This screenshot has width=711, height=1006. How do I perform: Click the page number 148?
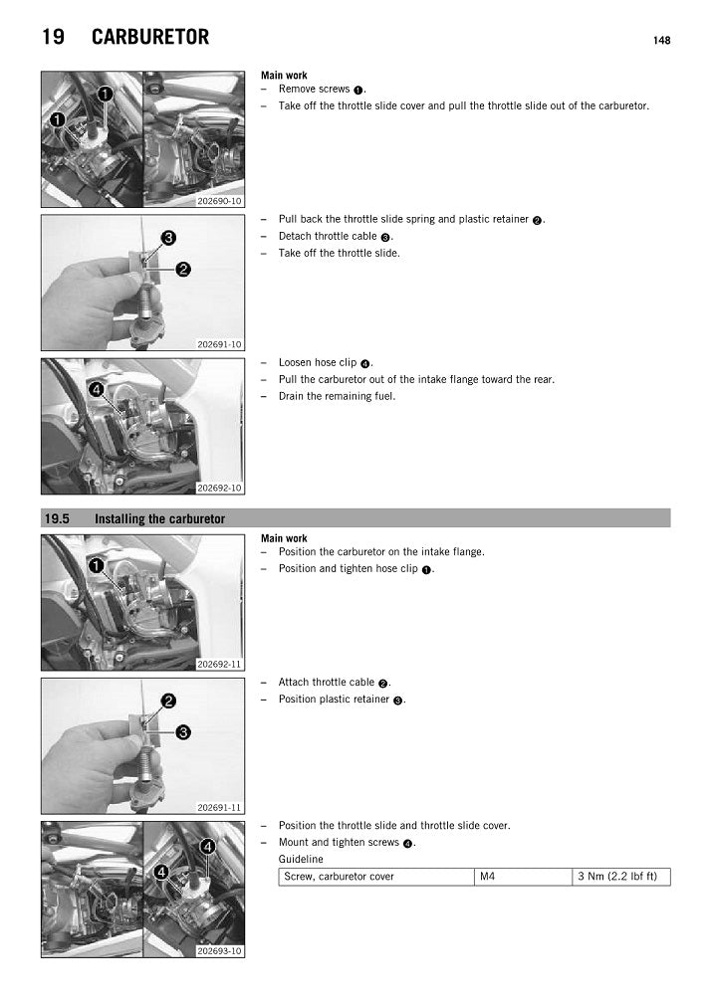(x=661, y=41)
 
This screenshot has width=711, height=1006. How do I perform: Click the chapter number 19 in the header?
(x=54, y=38)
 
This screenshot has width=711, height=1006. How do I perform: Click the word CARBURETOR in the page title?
(x=150, y=38)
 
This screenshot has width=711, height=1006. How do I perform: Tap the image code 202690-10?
(x=219, y=200)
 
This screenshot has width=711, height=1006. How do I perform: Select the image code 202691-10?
(x=219, y=344)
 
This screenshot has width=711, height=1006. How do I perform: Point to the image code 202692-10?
(x=219, y=488)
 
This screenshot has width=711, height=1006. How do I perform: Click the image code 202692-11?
(x=219, y=664)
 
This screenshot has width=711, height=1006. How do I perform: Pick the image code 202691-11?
(x=219, y=807)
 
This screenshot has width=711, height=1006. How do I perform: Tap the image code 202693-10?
(x=219, y=950)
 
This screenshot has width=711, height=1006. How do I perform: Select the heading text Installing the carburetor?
(x=159, y=519)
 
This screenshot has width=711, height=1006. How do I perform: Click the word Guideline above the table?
(x=301, y=859)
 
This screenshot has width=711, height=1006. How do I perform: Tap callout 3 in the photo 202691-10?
(x=169, y=238)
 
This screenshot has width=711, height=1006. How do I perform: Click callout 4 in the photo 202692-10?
(x=97, y=389)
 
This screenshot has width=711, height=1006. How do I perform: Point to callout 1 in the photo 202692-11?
(x=97, y=565)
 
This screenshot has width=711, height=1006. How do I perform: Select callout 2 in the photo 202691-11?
(x=169, y=701)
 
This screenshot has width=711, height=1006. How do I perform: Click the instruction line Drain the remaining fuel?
(x=337, y=396)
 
